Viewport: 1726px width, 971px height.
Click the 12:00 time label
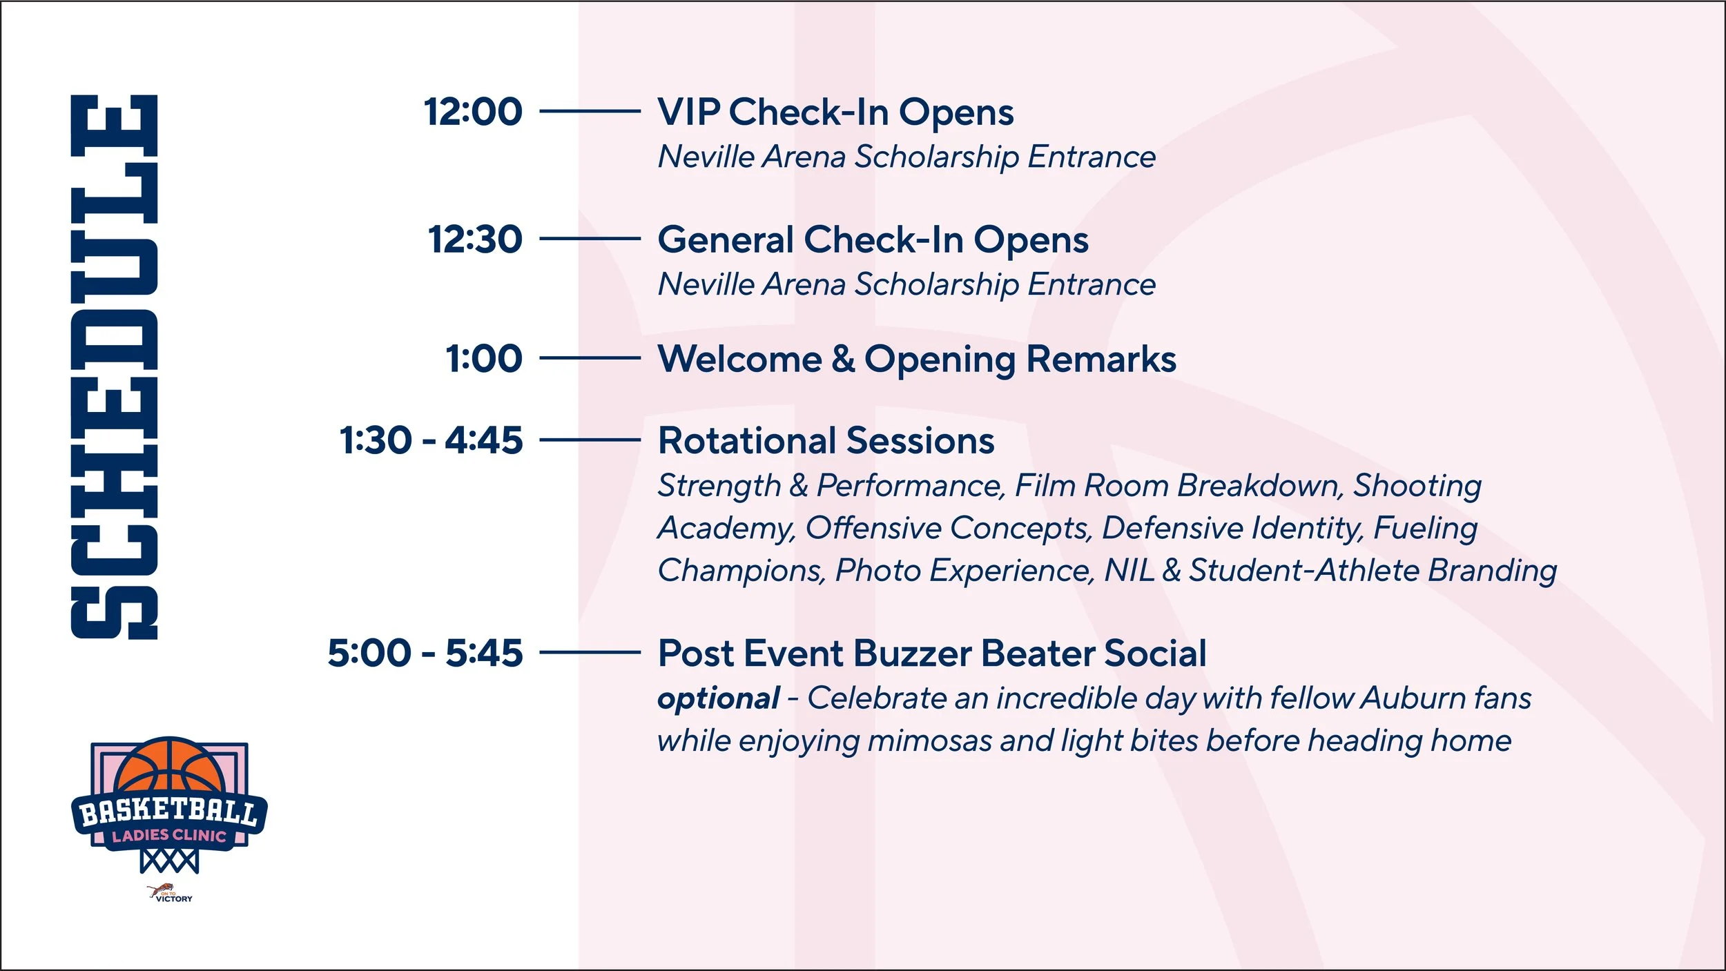click(x=473, y=112)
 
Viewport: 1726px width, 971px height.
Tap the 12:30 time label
click(x=475, y=239)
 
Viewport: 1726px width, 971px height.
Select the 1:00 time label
click(x=484, y=359)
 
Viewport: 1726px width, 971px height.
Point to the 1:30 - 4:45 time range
click(x=431, y=440)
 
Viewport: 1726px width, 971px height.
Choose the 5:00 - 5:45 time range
click(x=425, y=653)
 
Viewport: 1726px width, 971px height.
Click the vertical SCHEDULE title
click(x=115, y=367)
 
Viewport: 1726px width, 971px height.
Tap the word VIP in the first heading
click(x=688, y=112)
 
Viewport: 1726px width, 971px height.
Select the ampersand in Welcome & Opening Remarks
click(x=843, y=359)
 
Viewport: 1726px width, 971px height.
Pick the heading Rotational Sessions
click(x=826, y=440)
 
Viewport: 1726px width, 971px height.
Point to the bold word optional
click(x=719, y=699)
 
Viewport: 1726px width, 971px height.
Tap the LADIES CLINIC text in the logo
click(x=169, y=836)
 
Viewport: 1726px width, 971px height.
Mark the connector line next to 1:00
click(x=590, y=358)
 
